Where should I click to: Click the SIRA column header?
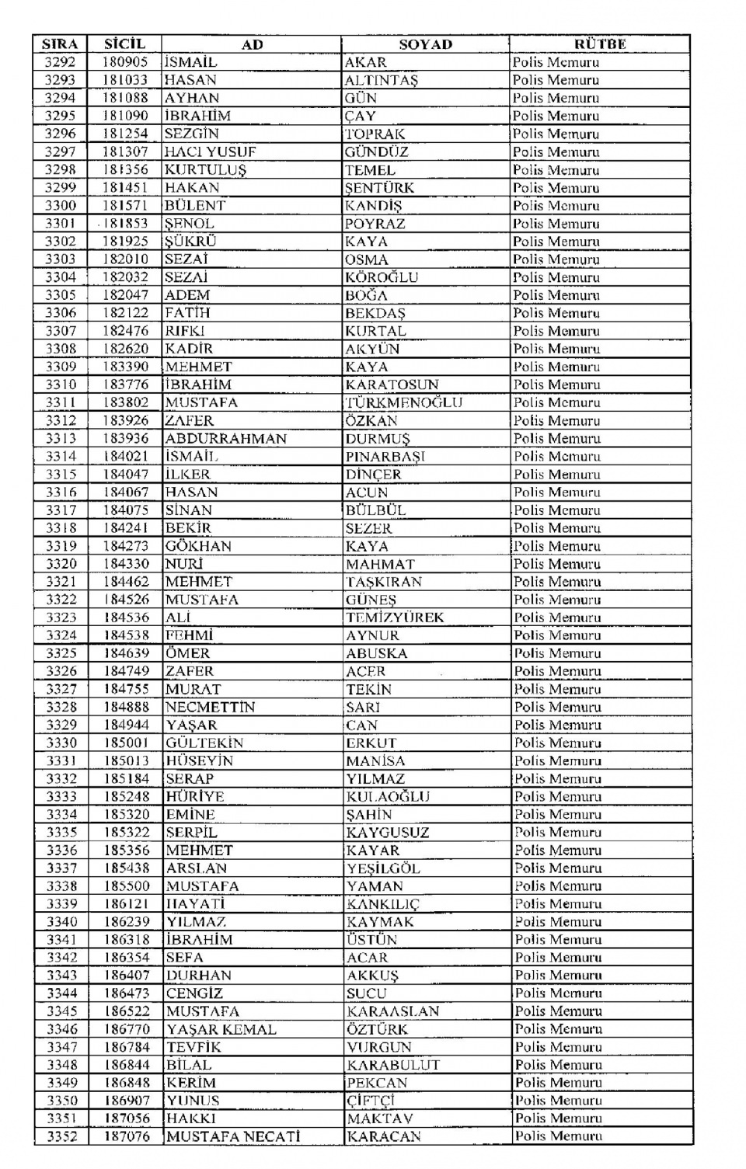click(x=60, y=44)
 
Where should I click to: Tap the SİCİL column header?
click(x=125, y=44)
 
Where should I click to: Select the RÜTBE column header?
click(x=600, y=44)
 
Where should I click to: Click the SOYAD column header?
click(x=425, y=44)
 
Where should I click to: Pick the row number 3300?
click(x=60, y=206)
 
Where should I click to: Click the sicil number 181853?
click(x=125, y=224)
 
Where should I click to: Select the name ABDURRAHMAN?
click(x=225, y=439)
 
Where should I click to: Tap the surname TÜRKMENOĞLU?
click(x=404, y=402)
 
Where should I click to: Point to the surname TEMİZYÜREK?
click(x=395, y=618)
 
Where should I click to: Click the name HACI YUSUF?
click(x=210, y=152)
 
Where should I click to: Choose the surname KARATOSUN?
click(x=392, y=384)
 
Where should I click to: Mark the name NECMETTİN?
click(x=210, y=708)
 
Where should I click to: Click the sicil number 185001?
click(x=126, y=743)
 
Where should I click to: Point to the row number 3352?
click(x=61, y=1137)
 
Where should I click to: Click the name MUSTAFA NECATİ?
click(x=233, y=1137)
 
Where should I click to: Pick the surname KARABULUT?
click(x=393, y=1066)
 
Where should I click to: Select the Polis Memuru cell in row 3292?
click(x=556, y=62)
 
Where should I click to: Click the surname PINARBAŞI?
click(x=385, y=457)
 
